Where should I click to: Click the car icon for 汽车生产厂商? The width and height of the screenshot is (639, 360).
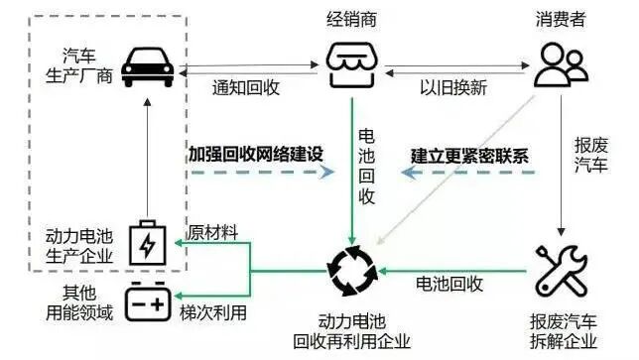(148, 66)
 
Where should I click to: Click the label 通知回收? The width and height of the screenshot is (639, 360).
(246, 87)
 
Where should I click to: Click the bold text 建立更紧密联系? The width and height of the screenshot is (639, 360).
(469, 156)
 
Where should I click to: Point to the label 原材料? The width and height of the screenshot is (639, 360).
(216, 231)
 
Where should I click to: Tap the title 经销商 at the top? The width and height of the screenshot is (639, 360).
(353, 18)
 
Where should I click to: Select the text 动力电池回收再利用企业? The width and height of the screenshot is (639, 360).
(353, 332)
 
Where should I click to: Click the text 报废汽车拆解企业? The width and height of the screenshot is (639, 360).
(564, 332)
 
